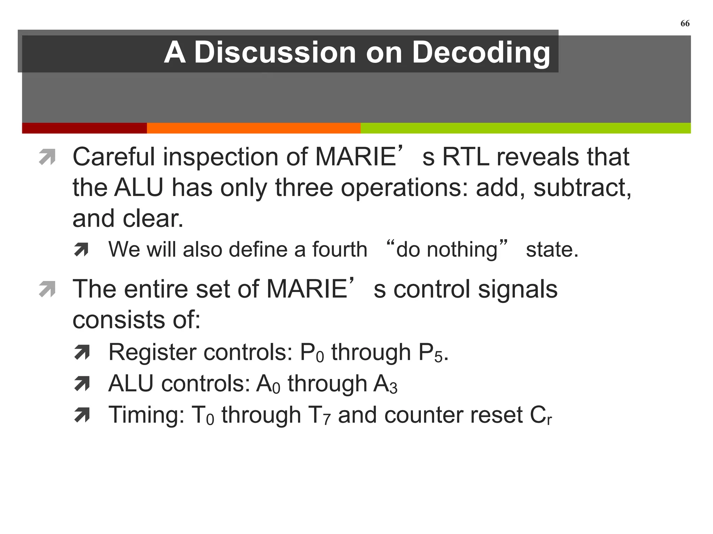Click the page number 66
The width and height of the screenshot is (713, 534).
(x=684, y=23)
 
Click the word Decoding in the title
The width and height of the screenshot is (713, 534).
(x=481, y=53)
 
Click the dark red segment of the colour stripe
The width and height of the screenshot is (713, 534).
(x=84, y=128)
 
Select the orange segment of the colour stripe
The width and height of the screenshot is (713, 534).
(x=253, y=128)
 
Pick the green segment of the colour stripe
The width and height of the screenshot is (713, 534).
(x=525, y=128)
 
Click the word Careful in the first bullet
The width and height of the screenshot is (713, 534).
(x=113, y=157)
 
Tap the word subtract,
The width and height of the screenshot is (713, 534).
(x=582, y=188)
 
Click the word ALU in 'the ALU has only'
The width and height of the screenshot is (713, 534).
(x=139, y=188)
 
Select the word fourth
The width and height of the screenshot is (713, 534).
(x=339, y=250)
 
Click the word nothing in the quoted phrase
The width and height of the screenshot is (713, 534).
(x=462, y=250)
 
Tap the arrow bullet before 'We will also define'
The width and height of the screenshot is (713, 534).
(x=81, y=249)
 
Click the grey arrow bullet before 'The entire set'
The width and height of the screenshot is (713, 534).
(x=47, y=289)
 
